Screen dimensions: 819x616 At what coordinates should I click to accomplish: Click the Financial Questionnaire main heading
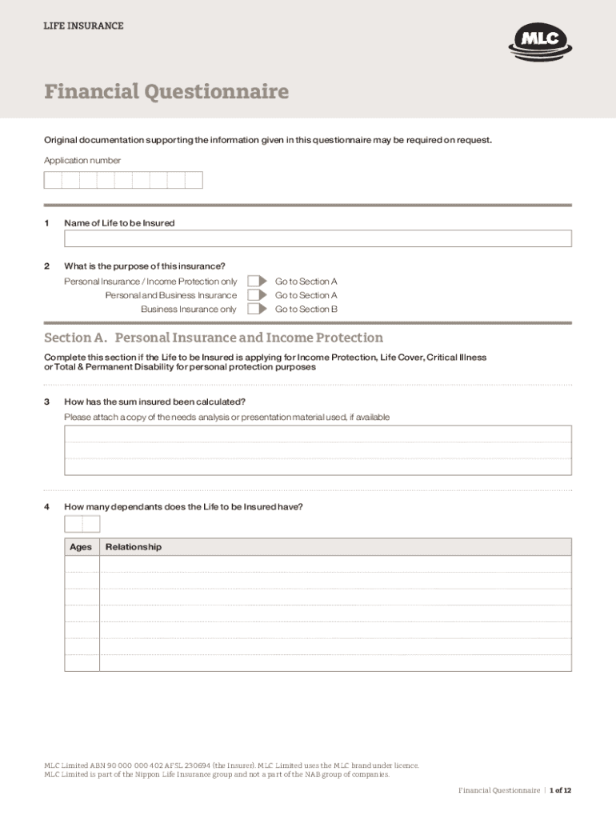coord(166,92)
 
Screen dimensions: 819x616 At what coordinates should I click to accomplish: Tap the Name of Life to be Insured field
coord(318,238)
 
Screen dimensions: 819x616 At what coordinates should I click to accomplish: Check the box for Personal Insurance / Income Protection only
coord(255,282)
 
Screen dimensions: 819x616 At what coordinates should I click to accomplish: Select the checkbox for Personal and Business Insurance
coord(255,295)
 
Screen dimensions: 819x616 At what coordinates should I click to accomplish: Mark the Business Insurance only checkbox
coord(255,309)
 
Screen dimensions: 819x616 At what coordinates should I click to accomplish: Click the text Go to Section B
coord(306,309)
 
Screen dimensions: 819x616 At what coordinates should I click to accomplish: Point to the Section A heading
coord(214,338)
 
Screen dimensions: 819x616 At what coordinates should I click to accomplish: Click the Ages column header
coord(81,547)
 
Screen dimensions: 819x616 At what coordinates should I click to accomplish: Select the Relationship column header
coord(134,547)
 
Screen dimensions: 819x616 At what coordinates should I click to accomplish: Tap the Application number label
coord(82,161)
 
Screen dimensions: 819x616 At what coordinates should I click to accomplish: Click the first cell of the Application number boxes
coord(53,180)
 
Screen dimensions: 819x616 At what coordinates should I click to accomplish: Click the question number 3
coord(47,402)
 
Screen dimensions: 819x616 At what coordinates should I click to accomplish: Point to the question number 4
coord(47,506)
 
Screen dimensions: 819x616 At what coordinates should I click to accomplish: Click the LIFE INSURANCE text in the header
coord(83,26)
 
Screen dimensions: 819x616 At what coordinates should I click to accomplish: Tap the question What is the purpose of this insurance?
coord(145,266)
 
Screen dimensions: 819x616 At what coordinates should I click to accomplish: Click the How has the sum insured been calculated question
coord(154,402)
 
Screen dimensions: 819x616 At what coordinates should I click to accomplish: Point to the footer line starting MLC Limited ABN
coord(231,765)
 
